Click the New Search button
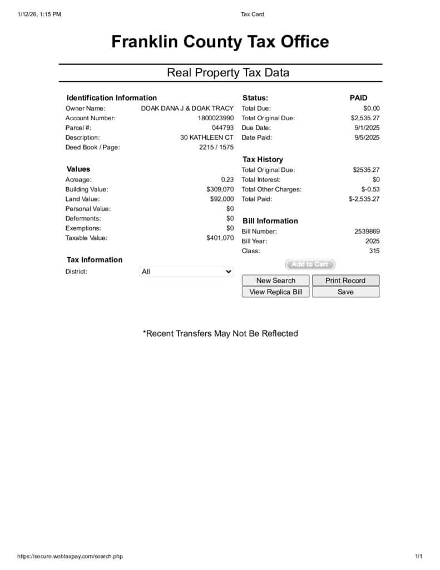coord(275,281)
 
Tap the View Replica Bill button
coord(275,292)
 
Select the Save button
coord(345,292)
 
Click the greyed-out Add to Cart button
coord(310,264)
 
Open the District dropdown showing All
coord(186,272)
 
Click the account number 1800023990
coord(216,118)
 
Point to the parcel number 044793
coord(223,127)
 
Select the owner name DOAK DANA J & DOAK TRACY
coord(187,108)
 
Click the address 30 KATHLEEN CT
coord(207,137)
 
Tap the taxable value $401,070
coord(220,238)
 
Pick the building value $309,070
coord(220,189)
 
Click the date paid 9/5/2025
coord(367,137)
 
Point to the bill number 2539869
coord(367,231)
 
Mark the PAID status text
coord(358,98)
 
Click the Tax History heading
coord(263,159)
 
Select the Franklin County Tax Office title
coord(220,42)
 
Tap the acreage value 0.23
coord(228,179)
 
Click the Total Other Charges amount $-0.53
coord(370,189)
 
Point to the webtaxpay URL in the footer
coord(70,556)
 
